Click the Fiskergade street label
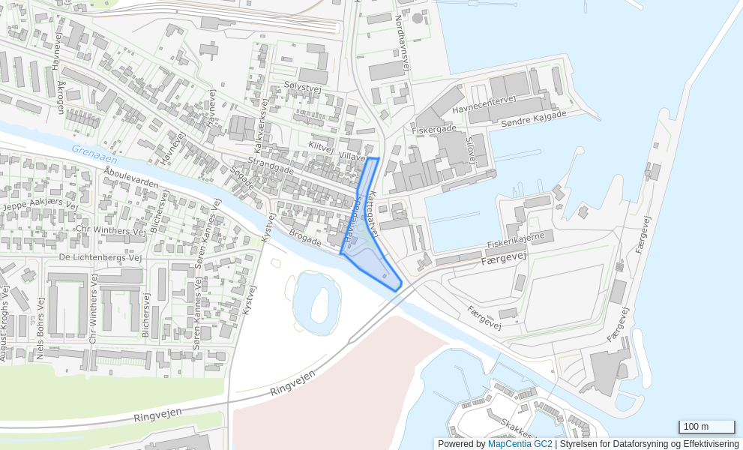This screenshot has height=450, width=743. coord(434,130)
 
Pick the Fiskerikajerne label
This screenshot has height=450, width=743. coord(516,240)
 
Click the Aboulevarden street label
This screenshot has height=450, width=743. coord(131,178)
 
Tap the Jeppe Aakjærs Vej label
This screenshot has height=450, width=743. coord(40,205)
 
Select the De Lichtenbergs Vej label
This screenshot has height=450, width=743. coord(100,257)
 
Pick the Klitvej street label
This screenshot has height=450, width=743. coord(321,147)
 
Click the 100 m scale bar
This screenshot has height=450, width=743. coord(706,427)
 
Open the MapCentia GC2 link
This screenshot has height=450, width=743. coord(520,444)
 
